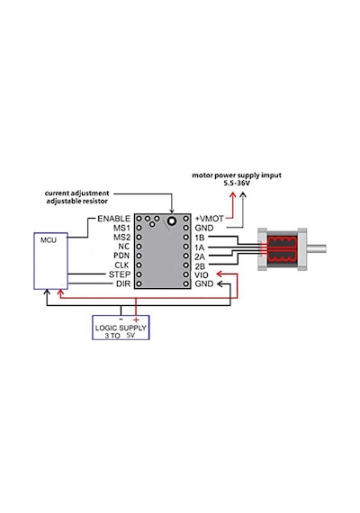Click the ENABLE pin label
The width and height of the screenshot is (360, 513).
coord(113,218)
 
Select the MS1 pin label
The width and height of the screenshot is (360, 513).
coord(121,228)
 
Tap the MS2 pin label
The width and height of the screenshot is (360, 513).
coord(121,237)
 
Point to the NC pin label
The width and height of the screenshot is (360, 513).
coord(123,246)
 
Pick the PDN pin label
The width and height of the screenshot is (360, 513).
coord(121,256)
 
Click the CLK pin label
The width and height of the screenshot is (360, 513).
coord(121,265)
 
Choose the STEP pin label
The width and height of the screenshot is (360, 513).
coord(120,274)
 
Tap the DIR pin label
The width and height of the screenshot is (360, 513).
coord(123,283)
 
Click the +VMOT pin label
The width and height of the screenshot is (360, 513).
coord(210,218)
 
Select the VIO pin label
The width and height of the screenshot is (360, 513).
coord(202,274)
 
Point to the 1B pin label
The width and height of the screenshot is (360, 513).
coord(199,238)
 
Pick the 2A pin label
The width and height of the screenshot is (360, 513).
coord(200,256)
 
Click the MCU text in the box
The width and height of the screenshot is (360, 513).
coord(49,240)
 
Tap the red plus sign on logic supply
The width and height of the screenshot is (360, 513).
coord(136,320)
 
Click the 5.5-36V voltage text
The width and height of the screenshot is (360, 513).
coord(237,184)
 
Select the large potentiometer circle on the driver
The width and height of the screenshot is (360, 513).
coord(172,220)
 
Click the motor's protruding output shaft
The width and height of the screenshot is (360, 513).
coord(317,248)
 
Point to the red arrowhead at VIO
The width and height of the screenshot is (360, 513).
coord(220,274)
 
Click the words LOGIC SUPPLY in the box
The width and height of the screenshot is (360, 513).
coord(121,328)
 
